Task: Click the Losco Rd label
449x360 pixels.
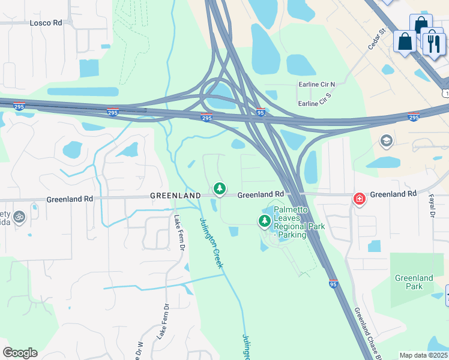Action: click(x=46, y=23)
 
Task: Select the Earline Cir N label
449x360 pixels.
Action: click(x=316, y=85)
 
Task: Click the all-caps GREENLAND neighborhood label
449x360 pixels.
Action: click(x=175, y=196)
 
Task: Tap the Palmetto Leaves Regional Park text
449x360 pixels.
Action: click(x=299, y=222)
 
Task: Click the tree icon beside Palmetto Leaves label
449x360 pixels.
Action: click(x=264, y=221)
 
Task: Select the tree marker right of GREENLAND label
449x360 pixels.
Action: click(x=220, y=189)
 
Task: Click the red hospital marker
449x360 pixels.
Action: click(x=360, y=199)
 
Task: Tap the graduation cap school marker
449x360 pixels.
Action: click(x=387, y=142)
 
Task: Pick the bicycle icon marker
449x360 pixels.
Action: click(x=19, y=216)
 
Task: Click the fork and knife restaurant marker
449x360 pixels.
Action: click(x=433, y=43)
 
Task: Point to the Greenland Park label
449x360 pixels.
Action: click(x=414, y=282)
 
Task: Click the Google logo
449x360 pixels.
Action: click(x=20, y=353)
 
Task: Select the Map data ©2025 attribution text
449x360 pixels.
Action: click(x=424, y=355)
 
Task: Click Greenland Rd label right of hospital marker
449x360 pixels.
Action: click(x=393, y=194)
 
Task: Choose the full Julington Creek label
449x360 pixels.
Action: click(x=211, y=242)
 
